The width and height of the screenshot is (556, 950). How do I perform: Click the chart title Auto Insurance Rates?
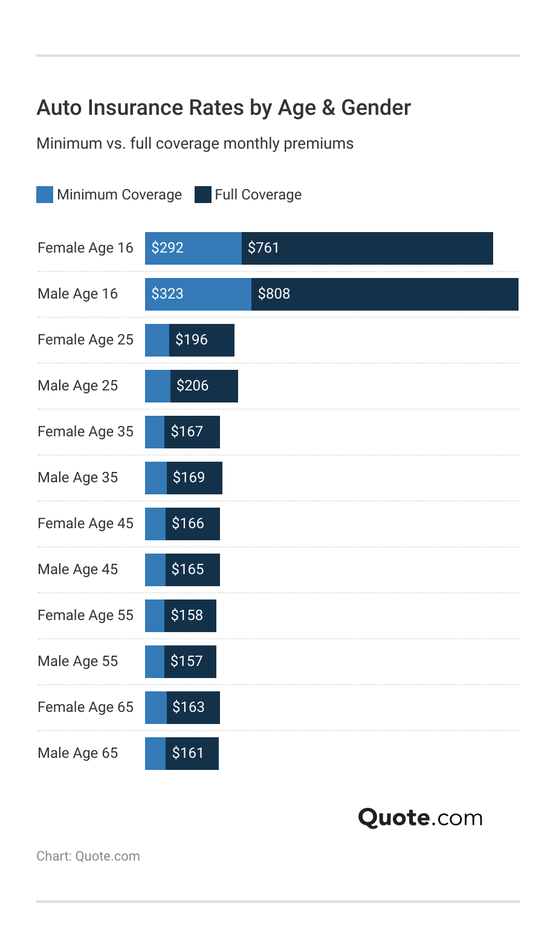click(224, 108)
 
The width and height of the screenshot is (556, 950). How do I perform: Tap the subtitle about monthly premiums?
click(195, 144)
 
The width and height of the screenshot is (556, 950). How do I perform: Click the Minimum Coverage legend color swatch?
click(45, 195)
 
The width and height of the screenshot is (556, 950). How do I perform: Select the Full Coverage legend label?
click(258, 195)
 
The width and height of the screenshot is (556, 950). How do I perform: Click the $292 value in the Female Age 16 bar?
click(167, 248)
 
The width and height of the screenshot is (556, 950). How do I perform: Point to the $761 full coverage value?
click(263, 248)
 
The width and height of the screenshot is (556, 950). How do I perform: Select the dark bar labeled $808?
click(384, 294)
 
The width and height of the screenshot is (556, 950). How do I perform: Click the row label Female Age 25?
click(85, 340)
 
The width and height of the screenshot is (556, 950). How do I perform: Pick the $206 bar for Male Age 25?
click(204, 386)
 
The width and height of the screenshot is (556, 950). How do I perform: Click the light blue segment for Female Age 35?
click(155, 431)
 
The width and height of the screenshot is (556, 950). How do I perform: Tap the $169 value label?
click(189, 477)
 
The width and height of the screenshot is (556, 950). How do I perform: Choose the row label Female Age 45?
click(85, 523)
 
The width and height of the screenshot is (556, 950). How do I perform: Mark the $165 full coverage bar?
click(192, 569)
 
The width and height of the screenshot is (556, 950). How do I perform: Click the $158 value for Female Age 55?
click(187, 615)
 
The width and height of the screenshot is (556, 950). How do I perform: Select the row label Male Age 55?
click(77, 661)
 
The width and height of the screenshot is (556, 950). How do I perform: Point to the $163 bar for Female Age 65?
click(193, 707)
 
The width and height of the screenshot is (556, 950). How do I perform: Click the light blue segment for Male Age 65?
click(155, 753)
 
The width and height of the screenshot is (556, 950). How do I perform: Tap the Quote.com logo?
click(421, 818)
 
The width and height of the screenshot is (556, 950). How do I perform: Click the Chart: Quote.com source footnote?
click(88, 856)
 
